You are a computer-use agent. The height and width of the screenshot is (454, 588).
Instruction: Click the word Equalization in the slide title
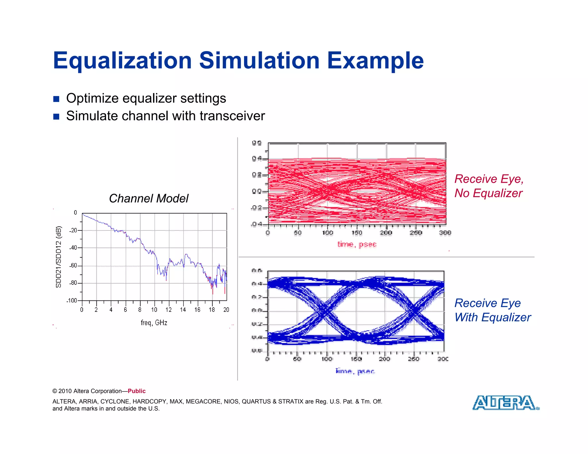pos(122,61)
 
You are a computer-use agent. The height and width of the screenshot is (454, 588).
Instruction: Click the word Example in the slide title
pos(375,61)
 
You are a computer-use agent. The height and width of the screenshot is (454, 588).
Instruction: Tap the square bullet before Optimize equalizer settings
pos(56,99)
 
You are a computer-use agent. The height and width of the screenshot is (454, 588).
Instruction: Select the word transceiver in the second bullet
pos(232,116)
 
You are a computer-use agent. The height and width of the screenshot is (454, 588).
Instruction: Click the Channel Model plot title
pos(149,198)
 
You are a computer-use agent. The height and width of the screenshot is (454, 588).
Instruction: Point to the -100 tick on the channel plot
pos(72,300)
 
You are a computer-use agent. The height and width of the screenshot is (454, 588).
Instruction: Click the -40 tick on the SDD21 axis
pos(73,248)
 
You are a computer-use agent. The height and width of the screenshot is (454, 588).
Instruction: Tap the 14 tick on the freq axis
pos(183,310)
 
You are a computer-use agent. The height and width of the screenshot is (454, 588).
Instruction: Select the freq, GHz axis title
pos(154,323)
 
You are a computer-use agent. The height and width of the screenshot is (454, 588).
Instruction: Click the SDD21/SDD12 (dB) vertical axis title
pos(59,257)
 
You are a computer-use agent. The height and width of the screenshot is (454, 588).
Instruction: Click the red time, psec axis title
pos(357,244)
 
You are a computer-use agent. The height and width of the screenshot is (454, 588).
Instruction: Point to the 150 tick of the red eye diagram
pos(357,233)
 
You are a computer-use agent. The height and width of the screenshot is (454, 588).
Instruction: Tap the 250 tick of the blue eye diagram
pos(413,359)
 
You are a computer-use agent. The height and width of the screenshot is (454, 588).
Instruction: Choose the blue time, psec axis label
pos(355,371)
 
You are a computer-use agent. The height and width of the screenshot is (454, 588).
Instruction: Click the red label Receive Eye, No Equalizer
pos(489,186)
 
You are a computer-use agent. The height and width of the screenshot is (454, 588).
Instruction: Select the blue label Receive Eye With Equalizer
pos(492,310)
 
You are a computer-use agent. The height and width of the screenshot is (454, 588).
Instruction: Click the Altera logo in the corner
pos(505,403)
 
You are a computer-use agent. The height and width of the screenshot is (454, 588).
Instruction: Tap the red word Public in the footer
pos(137,391)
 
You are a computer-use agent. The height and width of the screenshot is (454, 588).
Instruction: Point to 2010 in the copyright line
pos(65,391)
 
